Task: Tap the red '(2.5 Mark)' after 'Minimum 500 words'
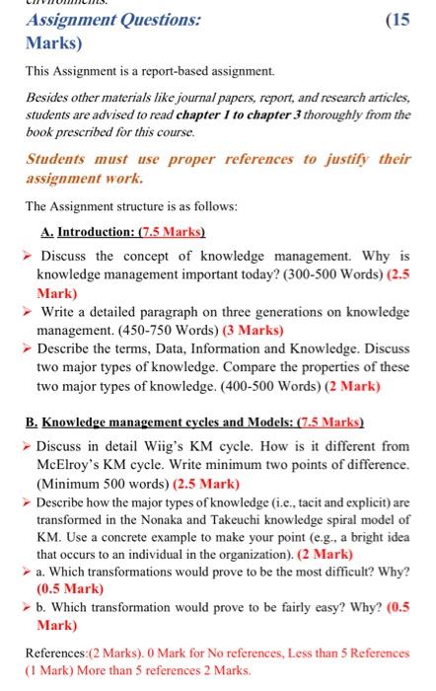click(x=206, y=484)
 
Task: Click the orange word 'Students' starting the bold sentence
click(x=60, y=160)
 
